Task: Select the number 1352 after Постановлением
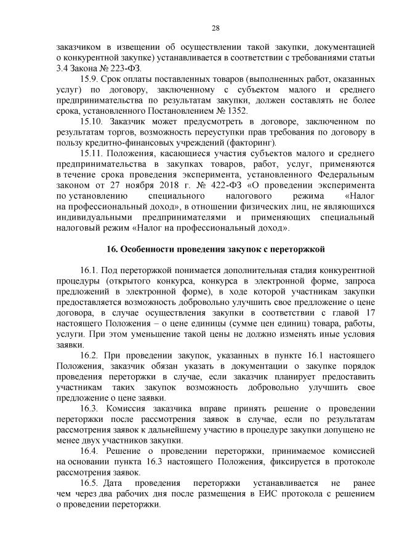[235, 111]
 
